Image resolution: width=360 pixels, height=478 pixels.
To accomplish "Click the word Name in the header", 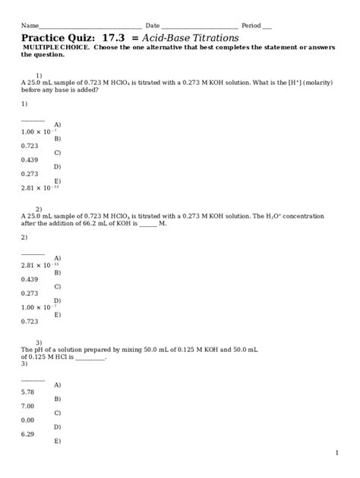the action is [x=30, y=25].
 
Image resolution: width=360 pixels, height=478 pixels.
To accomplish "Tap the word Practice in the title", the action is [x=45, y=37].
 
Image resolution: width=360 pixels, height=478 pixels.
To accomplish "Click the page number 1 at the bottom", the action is [x=336, y=453].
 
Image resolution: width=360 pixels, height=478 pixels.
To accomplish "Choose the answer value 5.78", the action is [x=28, y=392].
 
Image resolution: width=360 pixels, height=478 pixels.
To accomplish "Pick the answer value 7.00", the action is [x=28, y=406].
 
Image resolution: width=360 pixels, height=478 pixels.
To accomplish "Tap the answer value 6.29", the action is [x=28, y=435].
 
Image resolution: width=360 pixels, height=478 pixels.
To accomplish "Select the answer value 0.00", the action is [x=28, y=420].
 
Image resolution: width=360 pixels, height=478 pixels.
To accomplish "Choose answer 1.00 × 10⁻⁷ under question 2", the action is [x=36, y=307].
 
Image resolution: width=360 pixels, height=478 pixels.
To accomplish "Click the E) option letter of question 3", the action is [x=58, y=441].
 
